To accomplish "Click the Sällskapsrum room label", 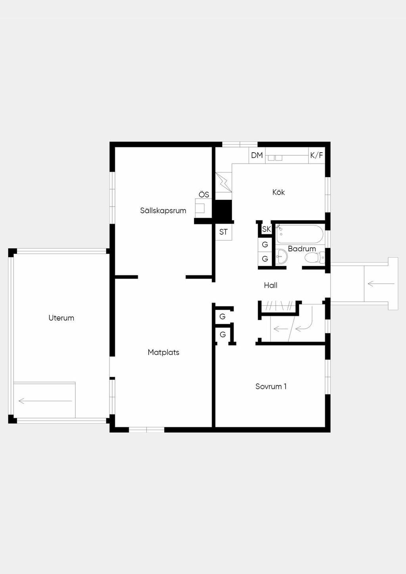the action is pyautogui.click(x=163, y=210).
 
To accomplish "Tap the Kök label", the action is pyautogui.click(x=279, y=192).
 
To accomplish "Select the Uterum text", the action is pyautogui.click(x=61, y=318).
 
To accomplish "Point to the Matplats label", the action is pyautogui.click(x=163, y=352).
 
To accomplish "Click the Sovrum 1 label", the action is pyautogui.click(x=271, y=386).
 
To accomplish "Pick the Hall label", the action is pyautogui.click(x=271, y=285).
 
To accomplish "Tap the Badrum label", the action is pyautogui.click(x=302, y=249).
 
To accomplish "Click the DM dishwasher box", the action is pyautogui.click(x=257, y=155).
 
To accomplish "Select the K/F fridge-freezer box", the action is pyautogui.click(x=317, y=155).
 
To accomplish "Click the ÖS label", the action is pyautogui.click(x=204, y=195).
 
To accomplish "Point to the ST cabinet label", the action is pyautogui.click(x=223, y=232).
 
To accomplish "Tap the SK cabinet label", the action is pyautogui.click(x=266, y=229).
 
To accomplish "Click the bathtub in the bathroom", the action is pyautogui.click(x=300, y=234).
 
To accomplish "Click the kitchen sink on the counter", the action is pyautogui.click(x=275, y=158).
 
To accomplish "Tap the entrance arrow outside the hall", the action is pyautogui.click(x=381, y=284).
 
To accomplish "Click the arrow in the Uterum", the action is pyautogui.click(x=45, y=401).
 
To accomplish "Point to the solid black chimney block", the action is pyautogui.click(x=223, y=210).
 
